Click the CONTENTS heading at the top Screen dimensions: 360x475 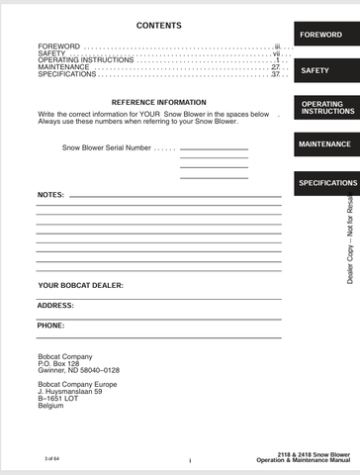click(x=158, y=25)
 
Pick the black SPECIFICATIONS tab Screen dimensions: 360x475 click(x=326, y=183)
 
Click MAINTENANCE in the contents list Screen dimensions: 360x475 click(x=63, y=67)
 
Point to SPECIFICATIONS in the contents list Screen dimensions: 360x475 click(x=67, y=74)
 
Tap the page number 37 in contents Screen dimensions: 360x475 click(x=276, y=74)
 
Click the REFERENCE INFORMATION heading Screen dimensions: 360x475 click(x=159, y=102)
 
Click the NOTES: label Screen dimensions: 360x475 click(x=50, y=195)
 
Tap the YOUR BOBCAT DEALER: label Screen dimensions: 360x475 click(x=80, y=285)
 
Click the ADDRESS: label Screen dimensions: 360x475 click(x=55, y=306)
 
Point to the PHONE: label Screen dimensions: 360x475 click(x=51, y=326)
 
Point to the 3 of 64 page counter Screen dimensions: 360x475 click(x=52, y=459)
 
